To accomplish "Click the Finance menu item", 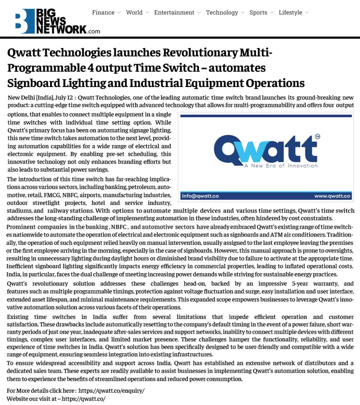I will tap(103, 13).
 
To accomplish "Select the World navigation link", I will tap(134, 13).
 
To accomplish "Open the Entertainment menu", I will tap(174, 13).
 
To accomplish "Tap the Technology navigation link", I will tap(222, 13).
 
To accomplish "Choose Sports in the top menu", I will tap(258, 13).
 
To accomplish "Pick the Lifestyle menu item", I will tap(290, 13).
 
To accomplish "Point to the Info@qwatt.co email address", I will tap(201, 196).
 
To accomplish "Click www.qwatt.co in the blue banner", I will tap(332, 196).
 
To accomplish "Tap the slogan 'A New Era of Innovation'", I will tap(281, 166).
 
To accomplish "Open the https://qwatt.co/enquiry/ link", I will tap(112, 390).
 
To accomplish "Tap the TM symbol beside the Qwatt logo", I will tap(317, 137).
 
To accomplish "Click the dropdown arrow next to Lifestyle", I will tap(307, 13).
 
